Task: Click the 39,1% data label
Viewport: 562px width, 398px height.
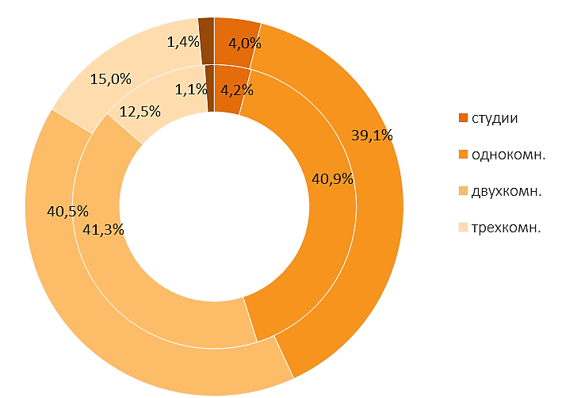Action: coord(372,136)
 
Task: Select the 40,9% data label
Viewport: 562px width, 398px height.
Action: coord(333,179)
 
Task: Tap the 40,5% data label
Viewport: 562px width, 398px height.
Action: coord(67,212)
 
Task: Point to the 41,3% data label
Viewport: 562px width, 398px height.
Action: coord(103,230)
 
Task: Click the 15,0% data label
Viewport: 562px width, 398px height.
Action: coord(111,79)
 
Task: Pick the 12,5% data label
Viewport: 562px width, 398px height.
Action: coord(140,112)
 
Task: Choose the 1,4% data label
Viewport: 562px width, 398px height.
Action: coord(183,42)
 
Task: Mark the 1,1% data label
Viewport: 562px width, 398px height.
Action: coord(191,90)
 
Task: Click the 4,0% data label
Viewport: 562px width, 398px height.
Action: coord(245,44)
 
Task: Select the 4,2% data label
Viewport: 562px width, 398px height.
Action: coord(237,90)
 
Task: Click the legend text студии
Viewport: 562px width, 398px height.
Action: coord(495,118)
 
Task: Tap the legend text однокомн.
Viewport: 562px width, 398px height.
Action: coord(509,155)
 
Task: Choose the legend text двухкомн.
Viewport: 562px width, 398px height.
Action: coord(507,192)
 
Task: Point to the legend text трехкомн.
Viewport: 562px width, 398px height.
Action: coord(506,228)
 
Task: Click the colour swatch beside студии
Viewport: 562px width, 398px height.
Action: coord(464,118)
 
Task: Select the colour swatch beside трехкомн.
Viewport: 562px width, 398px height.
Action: coord(464,228)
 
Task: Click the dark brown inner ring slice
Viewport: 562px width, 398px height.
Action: coord(210,89)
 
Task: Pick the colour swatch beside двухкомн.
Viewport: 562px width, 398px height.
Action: coord(464,191)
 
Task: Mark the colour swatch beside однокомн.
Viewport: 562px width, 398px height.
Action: coord(464,155)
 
